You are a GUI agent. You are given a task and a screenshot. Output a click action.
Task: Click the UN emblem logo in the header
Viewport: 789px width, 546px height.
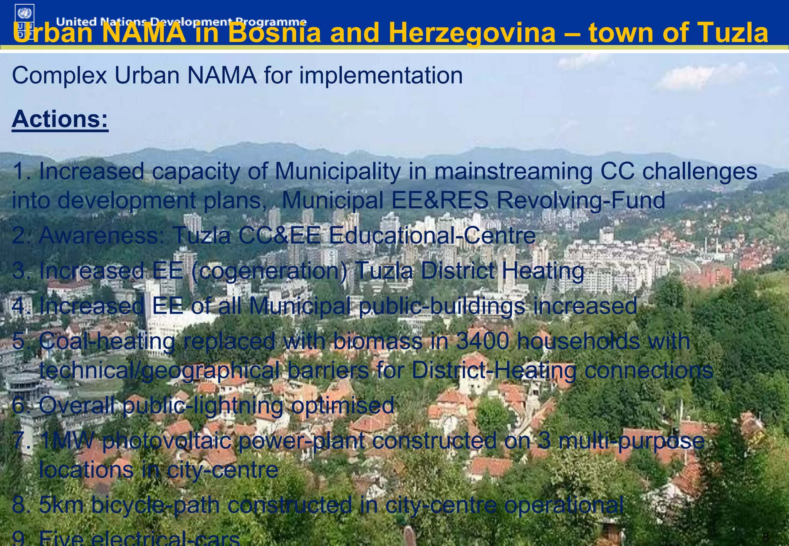pyautogui.click(x=25, y=14)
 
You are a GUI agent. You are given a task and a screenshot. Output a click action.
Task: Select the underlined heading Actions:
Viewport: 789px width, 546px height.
pyautogui.click(x=60, y=119)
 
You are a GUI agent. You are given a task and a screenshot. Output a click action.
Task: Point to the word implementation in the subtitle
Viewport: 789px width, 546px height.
pyautogui.click(x=381, y=75)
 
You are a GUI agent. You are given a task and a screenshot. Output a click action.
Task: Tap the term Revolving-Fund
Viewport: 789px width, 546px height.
pyautogui.click(x=581, y=200)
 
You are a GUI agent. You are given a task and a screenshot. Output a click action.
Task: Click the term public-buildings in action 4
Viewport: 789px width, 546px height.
pyautogui.click(x=442, y=306)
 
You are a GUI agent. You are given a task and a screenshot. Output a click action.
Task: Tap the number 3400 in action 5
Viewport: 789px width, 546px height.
pyautogui.click(x=482, y=341)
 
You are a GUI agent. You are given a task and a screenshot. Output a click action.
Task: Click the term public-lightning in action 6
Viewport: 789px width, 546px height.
pyautogui.click(x=203, y=405)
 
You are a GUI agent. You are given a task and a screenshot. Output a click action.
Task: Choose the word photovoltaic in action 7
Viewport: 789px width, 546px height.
pyautogui.click(x=166, y=440)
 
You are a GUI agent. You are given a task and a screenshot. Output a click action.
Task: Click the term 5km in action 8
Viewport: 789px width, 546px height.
pyautogui.click(x=61, y=504)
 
